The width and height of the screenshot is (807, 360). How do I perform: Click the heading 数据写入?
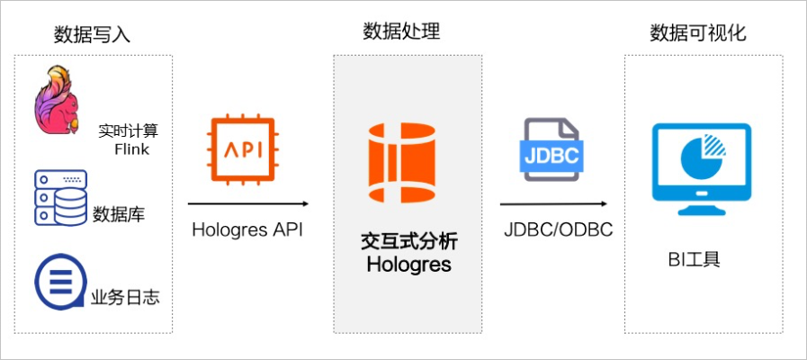click(x=92, y=35)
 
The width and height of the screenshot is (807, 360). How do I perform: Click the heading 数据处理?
click(x=401, y=32)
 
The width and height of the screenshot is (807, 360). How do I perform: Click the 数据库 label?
click(x=119, y=214)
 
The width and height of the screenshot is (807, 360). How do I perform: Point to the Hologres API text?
click(x=247, y=229)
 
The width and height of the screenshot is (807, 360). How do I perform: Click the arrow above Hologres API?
click(x=247, y=204)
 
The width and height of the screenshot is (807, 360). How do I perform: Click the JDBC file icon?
click(x=551, y=150)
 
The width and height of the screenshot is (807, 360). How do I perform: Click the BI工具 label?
click(x=694, y=261)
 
